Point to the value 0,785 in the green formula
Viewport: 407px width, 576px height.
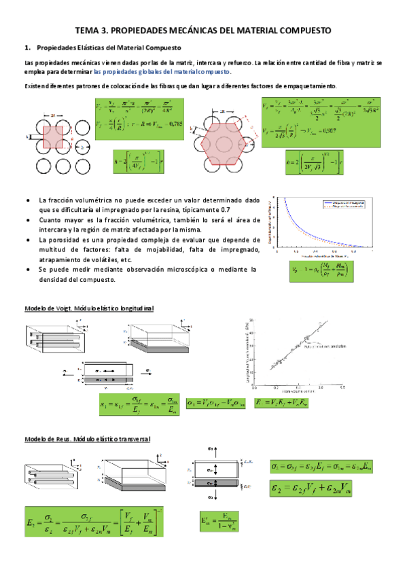tap(175, 124)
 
